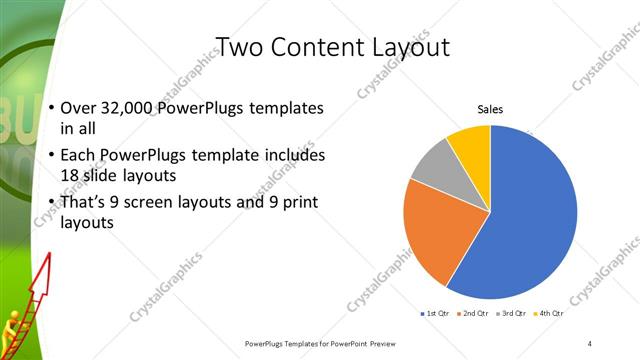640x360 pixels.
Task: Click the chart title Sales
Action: [490, 110]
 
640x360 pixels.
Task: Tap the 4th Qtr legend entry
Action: [551, 314]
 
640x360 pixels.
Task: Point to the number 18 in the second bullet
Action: [69, 174]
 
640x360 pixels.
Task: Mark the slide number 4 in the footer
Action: [589, 343]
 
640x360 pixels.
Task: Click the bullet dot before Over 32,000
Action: [51, 108]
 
